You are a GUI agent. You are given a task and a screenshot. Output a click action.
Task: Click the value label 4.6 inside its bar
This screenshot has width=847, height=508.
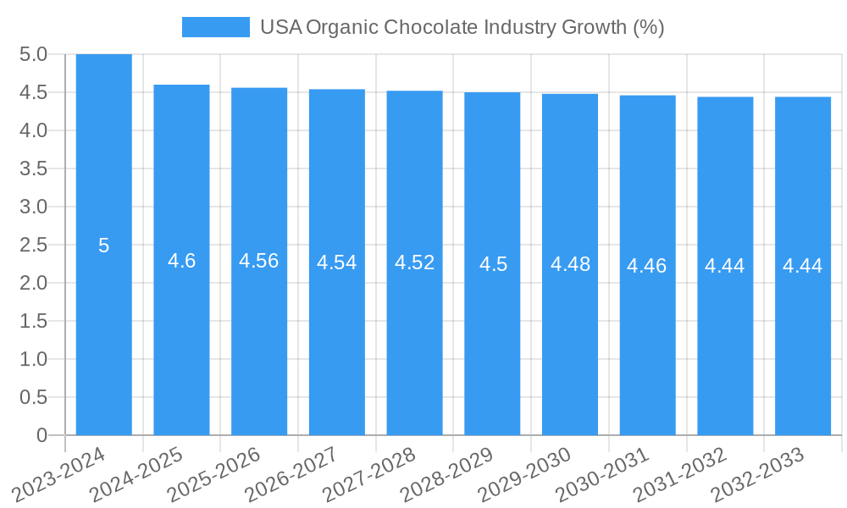coord(181,261)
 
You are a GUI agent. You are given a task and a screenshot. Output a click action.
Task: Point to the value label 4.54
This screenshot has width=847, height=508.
coord(336,262)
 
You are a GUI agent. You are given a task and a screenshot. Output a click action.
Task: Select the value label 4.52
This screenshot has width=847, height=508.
coord(414,262)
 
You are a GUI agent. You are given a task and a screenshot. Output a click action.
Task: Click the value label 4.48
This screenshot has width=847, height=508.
coord(570,264)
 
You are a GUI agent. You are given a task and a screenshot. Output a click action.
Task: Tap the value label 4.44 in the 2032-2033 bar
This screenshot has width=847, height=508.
coord(802,266)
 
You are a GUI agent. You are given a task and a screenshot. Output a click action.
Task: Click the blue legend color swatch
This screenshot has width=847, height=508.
coord(216,27)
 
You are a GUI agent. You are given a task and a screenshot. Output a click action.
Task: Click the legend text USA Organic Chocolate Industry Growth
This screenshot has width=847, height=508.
coord(462,27)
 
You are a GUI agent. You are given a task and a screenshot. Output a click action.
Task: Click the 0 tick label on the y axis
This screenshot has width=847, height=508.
coord(42,435)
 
